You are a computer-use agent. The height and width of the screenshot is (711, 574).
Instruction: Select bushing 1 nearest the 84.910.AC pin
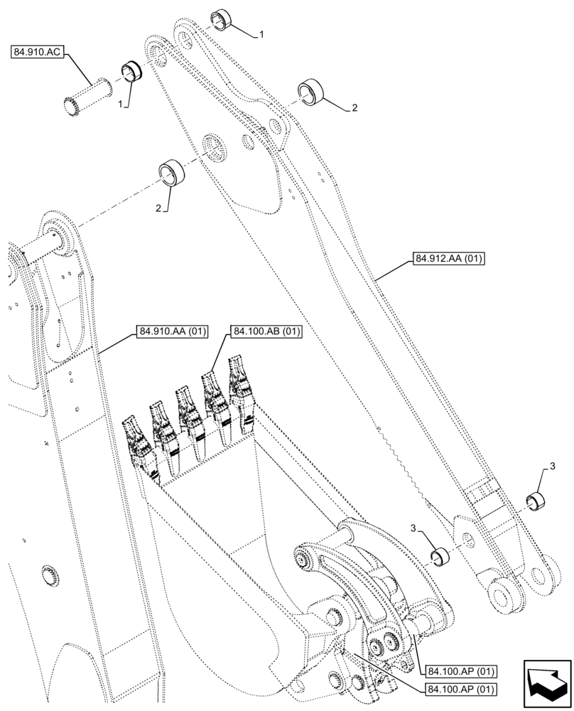coord(131,71)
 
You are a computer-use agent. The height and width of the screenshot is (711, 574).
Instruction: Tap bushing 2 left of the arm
coord(171,172)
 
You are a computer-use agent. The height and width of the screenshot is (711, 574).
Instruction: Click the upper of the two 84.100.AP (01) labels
coord(461,670)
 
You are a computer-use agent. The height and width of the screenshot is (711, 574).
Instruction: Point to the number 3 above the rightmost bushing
coord(552,465)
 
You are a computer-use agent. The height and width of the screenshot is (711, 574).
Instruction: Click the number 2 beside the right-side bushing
coord(353,108)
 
